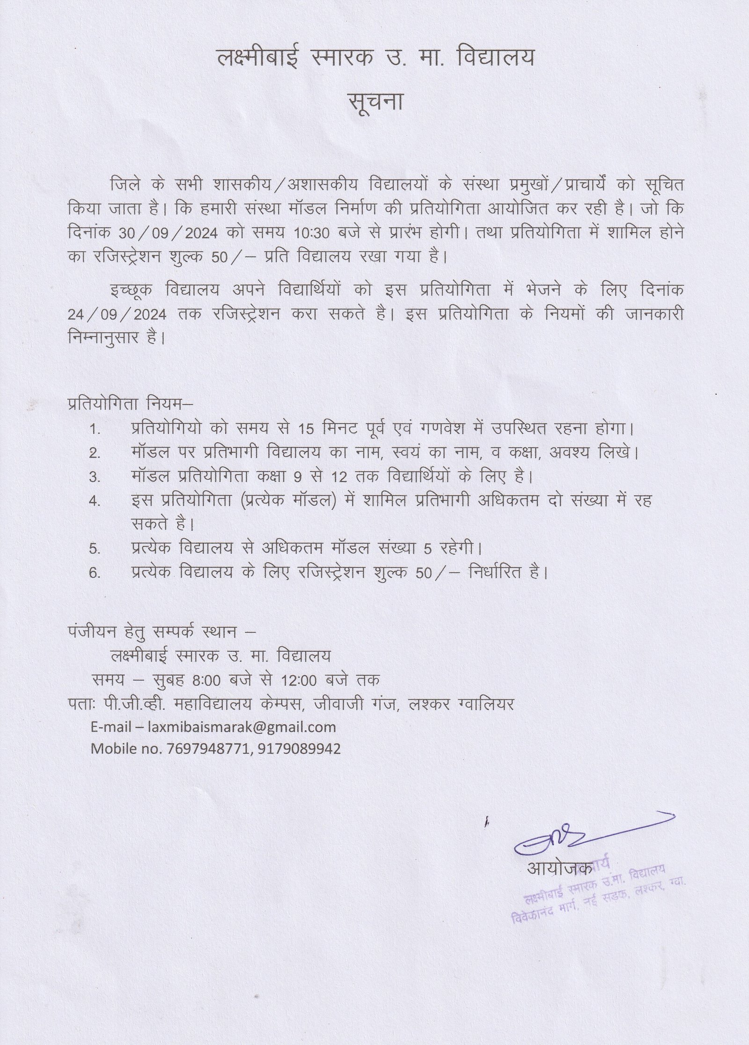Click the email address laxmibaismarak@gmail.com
coord(242,727)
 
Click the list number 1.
coord(95,429)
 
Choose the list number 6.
coord(95,573)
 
